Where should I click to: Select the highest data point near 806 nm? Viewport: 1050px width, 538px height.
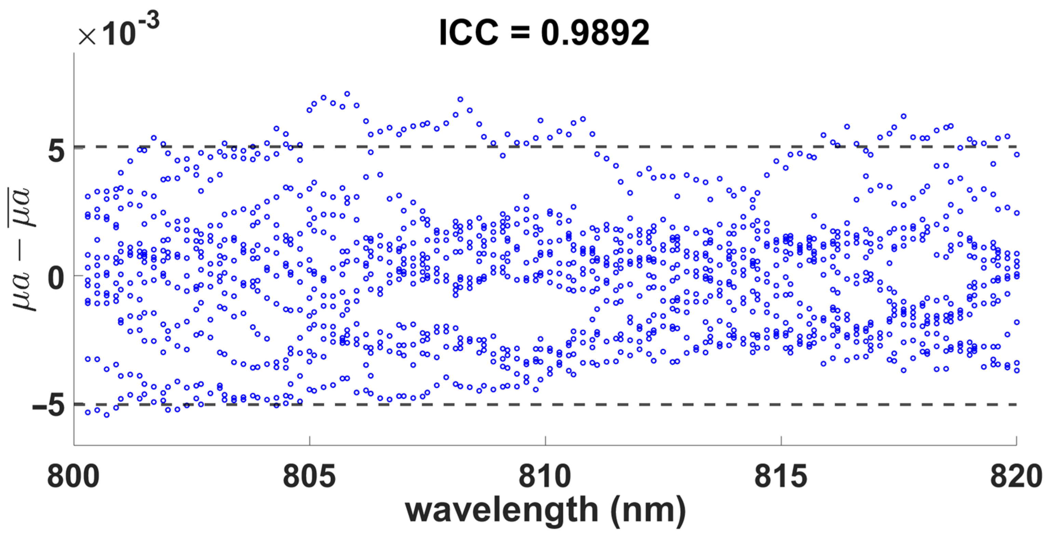(347, 94)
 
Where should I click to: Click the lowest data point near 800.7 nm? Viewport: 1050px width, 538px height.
(107, 415)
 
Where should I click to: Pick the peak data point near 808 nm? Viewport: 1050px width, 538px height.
(460, 99)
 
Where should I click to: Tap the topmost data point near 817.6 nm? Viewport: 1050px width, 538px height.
(903, 116)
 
